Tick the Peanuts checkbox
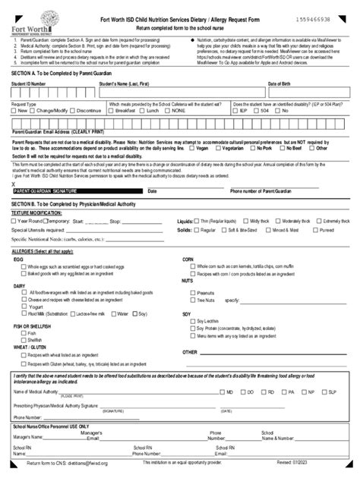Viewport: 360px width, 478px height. pyautogui.click(x=192, y=292)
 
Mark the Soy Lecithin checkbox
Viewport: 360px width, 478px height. pyautogui.click(x=192, y=322)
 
